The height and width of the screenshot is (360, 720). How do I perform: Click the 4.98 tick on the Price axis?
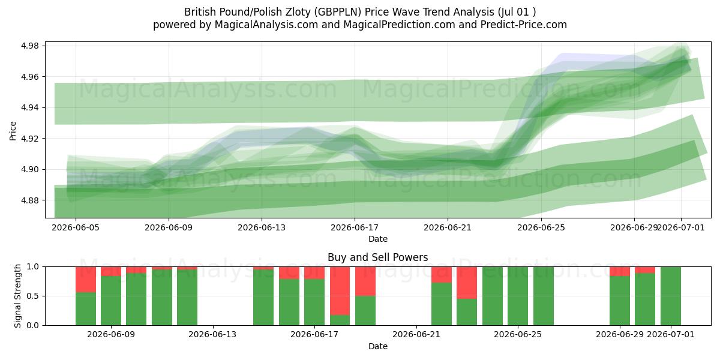point(29,46)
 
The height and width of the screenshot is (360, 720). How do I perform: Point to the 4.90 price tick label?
point(29,169)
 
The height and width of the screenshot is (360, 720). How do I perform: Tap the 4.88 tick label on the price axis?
point(29,200)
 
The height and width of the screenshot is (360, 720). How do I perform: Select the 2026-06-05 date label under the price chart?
point(76,227)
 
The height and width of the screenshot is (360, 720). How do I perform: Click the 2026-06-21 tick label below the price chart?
point(448,227)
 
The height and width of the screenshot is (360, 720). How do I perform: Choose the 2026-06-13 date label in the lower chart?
point(212,335)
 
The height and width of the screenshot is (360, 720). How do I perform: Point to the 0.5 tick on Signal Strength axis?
point(32,296)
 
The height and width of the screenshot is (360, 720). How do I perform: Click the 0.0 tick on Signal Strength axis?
point(32,326)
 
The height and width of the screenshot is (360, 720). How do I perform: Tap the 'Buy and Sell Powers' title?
point(377,257)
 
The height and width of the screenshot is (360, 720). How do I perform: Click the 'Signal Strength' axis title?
point(17,296)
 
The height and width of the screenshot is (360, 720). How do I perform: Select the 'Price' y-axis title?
point(13,131)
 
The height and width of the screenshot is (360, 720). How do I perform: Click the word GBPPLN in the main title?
point(337,12)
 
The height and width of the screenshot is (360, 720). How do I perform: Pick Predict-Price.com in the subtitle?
point(524,25)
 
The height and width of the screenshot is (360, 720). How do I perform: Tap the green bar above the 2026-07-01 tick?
point(671,296)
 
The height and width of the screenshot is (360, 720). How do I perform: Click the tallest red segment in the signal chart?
point(340,291)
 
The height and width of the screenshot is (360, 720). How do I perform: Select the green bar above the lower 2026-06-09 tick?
point(111,301)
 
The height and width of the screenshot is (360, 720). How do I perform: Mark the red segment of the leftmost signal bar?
point(85,280)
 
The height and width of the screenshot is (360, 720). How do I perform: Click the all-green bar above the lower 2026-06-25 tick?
point(518,296)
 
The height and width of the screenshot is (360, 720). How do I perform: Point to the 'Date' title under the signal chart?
point(377,346)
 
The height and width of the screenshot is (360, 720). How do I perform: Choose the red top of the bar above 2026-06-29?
point(620,271)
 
